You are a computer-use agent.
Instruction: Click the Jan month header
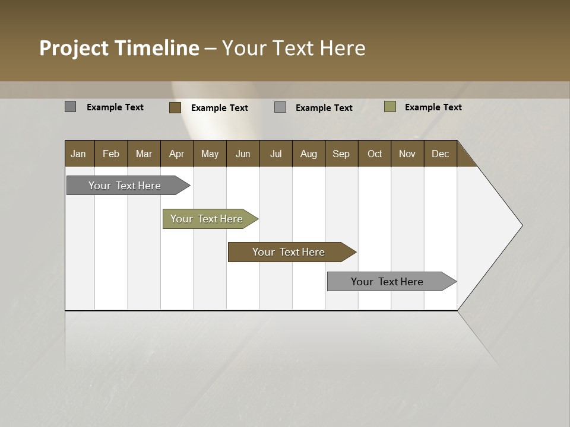coord(79,154)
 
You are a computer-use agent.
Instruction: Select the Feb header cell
coord(111,154)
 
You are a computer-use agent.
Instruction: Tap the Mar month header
coord(144,154)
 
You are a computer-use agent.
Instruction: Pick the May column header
coord(210,154)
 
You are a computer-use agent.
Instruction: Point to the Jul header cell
coord(275,154)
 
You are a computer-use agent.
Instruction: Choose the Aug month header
coord(308,154)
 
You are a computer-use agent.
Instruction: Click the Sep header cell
coord(341,154)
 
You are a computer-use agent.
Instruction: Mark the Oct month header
coord(374,154)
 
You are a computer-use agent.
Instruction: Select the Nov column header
coord(407,154)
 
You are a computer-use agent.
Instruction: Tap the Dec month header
coord(440,154)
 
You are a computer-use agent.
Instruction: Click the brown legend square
coord(175,107)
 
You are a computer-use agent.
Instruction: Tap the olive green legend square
coord(389,107)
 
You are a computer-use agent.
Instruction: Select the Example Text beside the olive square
coord(433,107)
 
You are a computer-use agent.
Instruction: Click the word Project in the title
coord(74,48)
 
